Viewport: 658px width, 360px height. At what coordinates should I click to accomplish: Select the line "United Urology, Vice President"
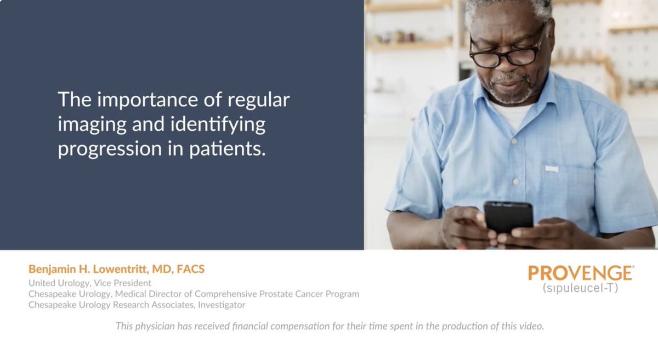tap(90, 283)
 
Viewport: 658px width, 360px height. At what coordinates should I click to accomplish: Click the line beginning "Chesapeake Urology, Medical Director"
tap(194, 294)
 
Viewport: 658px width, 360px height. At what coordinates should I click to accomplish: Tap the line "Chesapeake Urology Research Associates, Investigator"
tap(137, 305)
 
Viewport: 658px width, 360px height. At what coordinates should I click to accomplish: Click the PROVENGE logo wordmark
tap(581, 273)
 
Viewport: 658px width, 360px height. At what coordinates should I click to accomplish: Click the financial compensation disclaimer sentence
tap(329, 326)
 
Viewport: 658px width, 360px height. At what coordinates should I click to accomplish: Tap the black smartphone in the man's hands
tap(508, 216)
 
